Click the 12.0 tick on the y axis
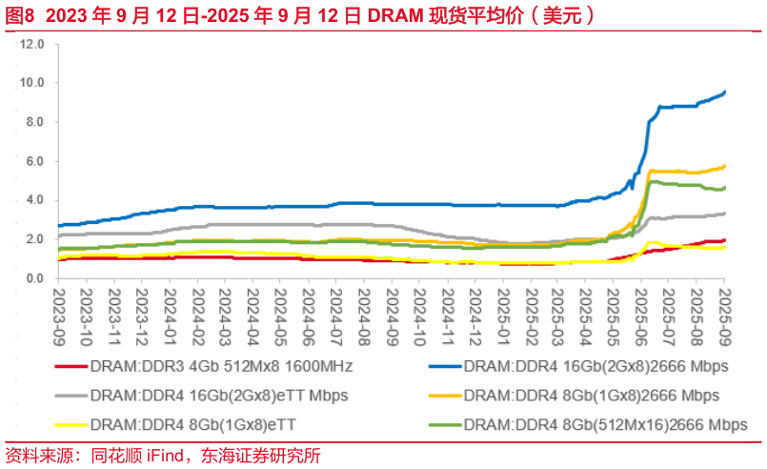(x=33, y=44)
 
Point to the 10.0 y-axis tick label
(x=33, y=83)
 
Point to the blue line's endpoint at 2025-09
(x=724, y=92)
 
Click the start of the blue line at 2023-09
(x=59, y=226)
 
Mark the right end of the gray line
(x=724, y=213)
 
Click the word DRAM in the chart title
(x=392, y=15)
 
